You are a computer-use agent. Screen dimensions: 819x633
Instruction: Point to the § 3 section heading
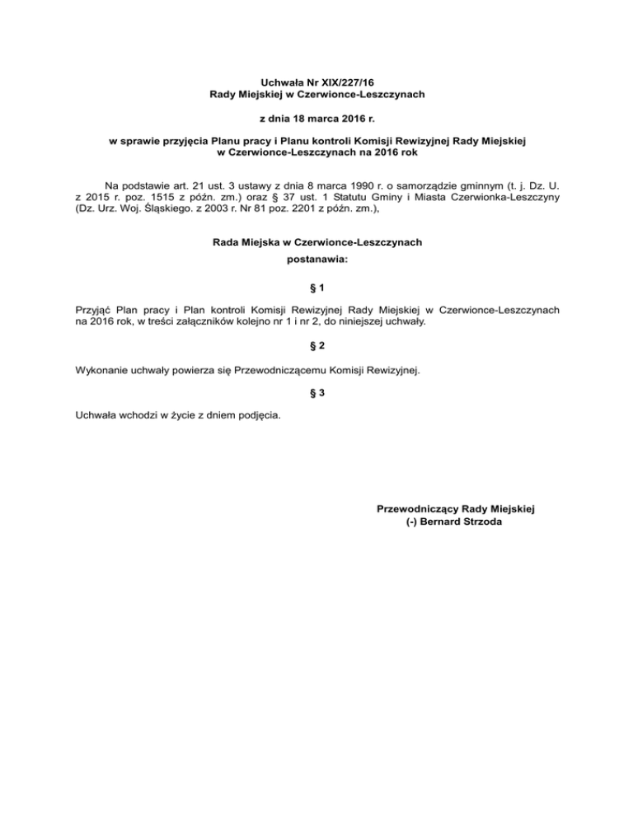click(316, 393)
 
